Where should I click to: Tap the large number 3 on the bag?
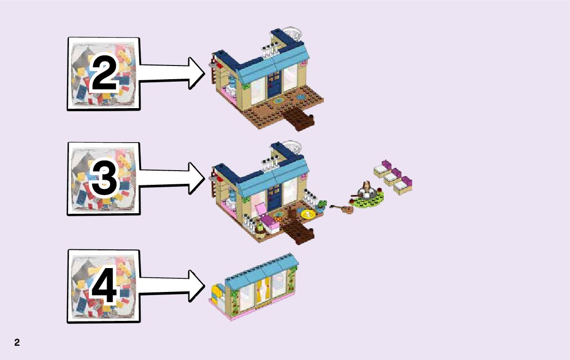104,179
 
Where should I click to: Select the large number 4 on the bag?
104,286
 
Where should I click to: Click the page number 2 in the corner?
17,343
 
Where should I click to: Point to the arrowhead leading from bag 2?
196,73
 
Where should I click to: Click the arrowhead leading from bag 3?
196,178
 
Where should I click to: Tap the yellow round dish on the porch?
308,214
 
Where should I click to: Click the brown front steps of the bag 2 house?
299,121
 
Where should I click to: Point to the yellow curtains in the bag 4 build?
264,290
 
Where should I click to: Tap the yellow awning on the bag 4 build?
216,293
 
